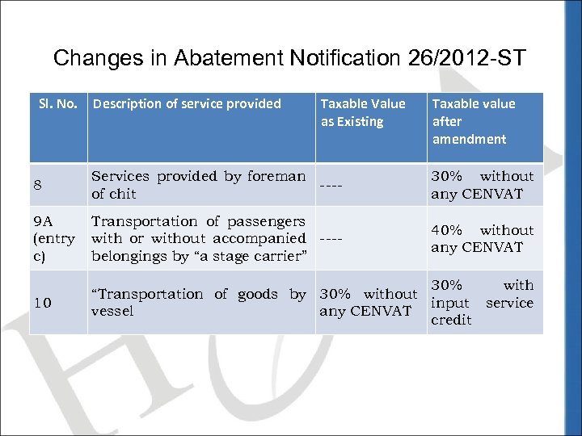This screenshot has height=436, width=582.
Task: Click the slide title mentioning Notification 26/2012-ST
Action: point(289,58)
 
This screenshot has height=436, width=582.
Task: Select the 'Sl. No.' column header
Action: point(58,103)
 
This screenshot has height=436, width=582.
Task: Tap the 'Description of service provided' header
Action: point(187,103)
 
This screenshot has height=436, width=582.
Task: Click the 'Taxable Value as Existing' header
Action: point(363,112)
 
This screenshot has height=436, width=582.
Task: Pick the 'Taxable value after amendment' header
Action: point(473,121)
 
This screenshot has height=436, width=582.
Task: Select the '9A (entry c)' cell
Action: point(54,238)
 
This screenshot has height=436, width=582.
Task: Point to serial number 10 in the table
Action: point(43,303)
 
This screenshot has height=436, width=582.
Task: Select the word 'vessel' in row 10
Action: point(112,312)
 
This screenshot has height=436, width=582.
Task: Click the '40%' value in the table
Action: point(447,230)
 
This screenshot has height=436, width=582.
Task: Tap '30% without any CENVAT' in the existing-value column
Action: point(369,303)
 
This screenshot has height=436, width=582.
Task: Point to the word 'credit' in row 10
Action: point(451,321)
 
